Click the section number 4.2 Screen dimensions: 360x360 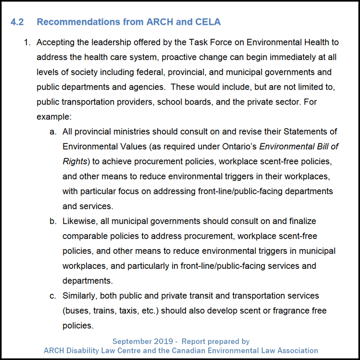pyautogui.click(x=17, y=22)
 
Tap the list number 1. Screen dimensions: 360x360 pyautogui.click(x=27, y=42)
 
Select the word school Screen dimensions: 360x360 pyautogui.click(x=170, y=102)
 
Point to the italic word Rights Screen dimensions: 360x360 pyautogui.click(x=75, y=162)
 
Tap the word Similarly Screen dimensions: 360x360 pyautogui.click(x=79, y=296)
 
